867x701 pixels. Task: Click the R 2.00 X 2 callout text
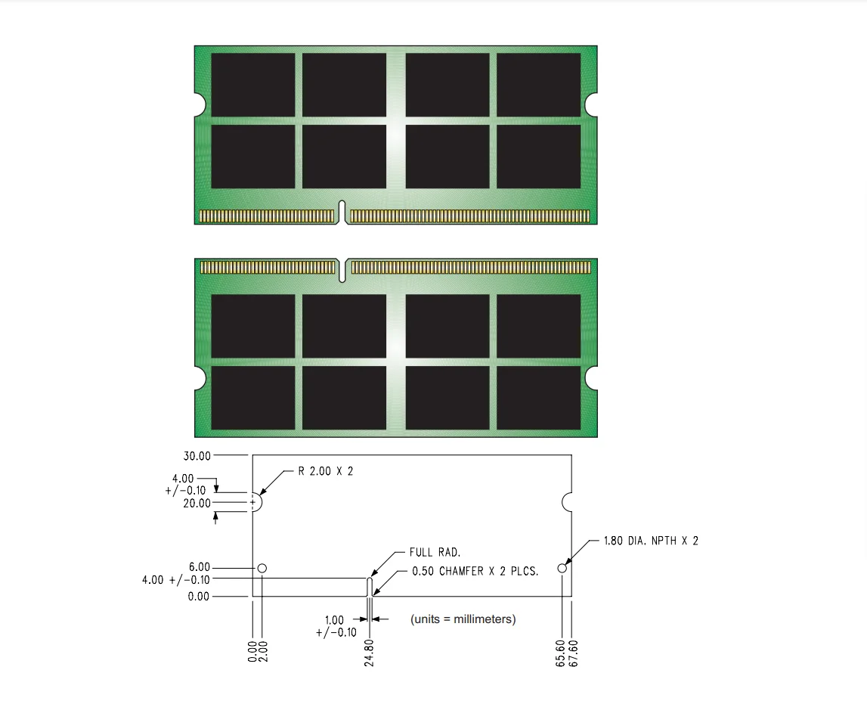[325, 470]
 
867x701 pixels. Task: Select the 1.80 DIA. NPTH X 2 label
[650, 541]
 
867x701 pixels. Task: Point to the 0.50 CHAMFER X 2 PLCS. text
[475, 572]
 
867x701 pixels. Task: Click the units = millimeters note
[463, 619]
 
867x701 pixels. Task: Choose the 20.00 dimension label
[197, 503]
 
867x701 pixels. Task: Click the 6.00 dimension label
[200, 567]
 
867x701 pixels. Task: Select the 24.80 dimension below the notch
[369, 652]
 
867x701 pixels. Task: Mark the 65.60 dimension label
[561, 652]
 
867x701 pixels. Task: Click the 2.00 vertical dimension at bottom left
[263, 652]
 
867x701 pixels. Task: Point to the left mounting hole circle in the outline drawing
[262, 568]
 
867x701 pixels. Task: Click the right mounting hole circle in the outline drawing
[562, 568]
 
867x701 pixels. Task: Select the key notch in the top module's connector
[342, 212]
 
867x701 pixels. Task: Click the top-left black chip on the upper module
[252, 85]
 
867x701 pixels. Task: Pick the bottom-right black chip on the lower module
[538, 398]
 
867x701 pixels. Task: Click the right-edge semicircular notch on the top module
[592, 105]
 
